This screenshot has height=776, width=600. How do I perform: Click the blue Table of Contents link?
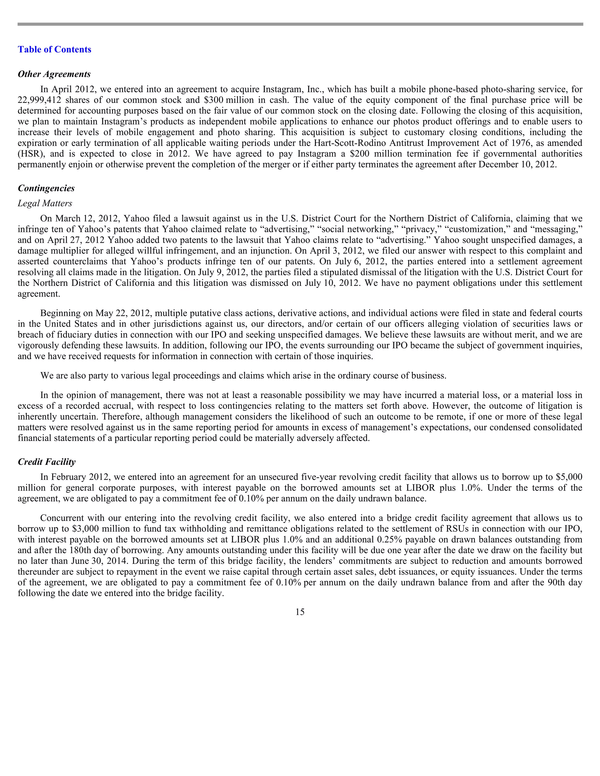tap(54, 49)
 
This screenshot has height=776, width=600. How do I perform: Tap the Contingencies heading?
tap(46, 188)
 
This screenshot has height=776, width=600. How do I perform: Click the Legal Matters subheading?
tap(45, 203)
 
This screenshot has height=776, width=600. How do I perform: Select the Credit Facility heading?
tap(47, 462)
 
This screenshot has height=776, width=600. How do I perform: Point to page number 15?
tap(300, 611)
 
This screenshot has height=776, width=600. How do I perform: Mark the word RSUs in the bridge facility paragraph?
tap(456, 529)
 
